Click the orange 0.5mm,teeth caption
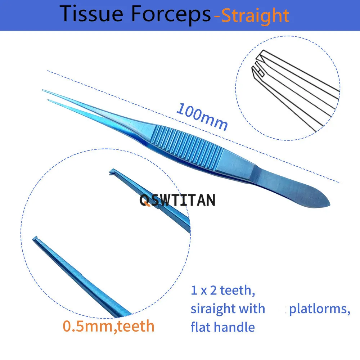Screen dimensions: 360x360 [x=109, y=326]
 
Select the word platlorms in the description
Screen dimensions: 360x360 [x=320, y=309]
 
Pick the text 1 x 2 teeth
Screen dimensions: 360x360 [x=223, y=291]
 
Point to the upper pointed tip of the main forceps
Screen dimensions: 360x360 [x=43, y=90]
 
